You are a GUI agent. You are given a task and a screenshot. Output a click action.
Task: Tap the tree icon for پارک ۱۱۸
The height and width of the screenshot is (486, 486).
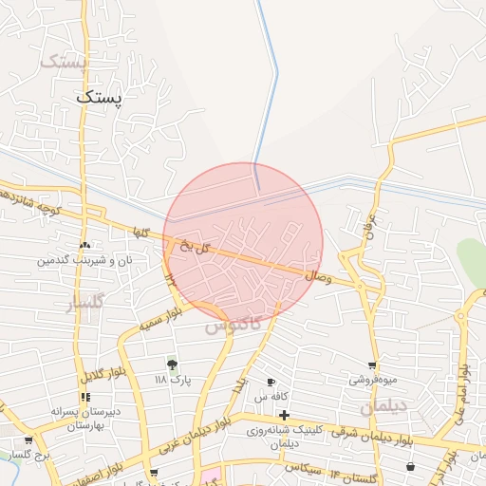click(x=172, y=364)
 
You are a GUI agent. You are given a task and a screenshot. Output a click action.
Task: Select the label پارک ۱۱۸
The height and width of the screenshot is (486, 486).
click(x=174, y=380)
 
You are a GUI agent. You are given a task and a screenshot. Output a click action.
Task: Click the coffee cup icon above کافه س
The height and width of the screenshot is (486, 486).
click(x=272, y=382)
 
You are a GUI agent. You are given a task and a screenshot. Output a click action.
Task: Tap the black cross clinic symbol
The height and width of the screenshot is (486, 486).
click(x=284, y=415)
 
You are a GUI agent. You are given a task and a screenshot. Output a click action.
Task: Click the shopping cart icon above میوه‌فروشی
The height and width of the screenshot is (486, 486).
click(x=372, y=365)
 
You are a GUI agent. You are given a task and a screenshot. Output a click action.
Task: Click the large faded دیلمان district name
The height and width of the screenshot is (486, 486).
click(x=383, y=407)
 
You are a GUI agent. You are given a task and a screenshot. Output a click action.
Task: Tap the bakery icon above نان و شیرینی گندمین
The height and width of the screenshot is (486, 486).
click(x=84, y=244)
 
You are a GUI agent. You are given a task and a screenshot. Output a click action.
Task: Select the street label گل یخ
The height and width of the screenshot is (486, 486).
click(x=195, y=247)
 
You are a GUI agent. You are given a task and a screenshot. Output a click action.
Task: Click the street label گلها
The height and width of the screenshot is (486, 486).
click(x=142, y=233)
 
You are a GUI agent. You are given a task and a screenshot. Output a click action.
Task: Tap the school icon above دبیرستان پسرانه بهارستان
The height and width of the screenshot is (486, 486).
click(x=85, y=397)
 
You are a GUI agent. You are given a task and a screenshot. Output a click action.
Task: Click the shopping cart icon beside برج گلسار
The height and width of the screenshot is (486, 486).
click(x=28, y=440)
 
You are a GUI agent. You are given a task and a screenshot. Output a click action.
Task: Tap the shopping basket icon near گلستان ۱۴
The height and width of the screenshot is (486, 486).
click(x=410, y=467)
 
